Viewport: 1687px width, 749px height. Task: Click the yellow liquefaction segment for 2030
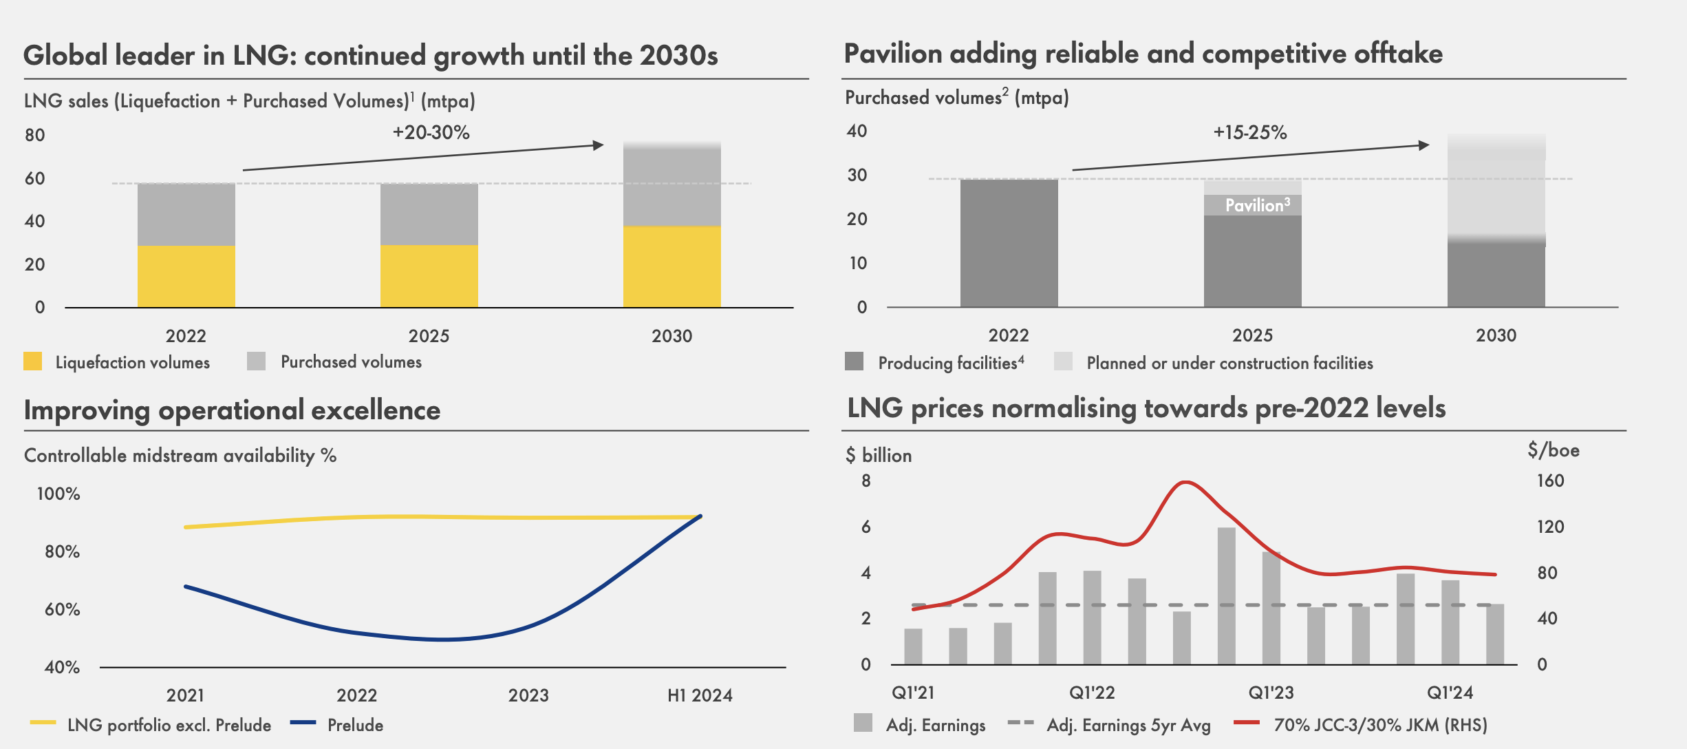pyautogui.click(x=671, y=266)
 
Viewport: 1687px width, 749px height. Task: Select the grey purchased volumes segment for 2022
pyautogui.click(x=186, y=214)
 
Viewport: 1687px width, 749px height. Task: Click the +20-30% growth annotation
pyautogui.click(x=431, y=132)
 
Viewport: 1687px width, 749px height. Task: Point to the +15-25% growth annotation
pyautogui.click(x=1249, y=132)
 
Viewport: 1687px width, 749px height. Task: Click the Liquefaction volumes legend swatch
pyautogui.click(x=32, y=361)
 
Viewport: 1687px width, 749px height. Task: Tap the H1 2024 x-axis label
pyautogui.click(x=700, y=695)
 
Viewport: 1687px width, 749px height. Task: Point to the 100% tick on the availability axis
pyautogui.click(x=58, y=494)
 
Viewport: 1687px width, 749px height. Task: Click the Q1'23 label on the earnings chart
pyautogui.click(x=1271, y=693)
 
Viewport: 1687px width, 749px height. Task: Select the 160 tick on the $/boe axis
pyautogui.click(x=1550, y=481)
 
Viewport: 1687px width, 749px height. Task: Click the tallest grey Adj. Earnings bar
pyautogui.click(x=1226, y=595)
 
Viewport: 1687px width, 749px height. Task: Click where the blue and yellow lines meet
pyautogui.click(x=700, y=516)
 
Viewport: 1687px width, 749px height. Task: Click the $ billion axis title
pyautogui.click(x=879, y=455)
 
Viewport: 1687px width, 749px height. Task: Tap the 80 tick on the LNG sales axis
pyautogui.click(x=35, y=135)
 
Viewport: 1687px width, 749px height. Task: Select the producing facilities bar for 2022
pyautogui.click(x=1009, y=243)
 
